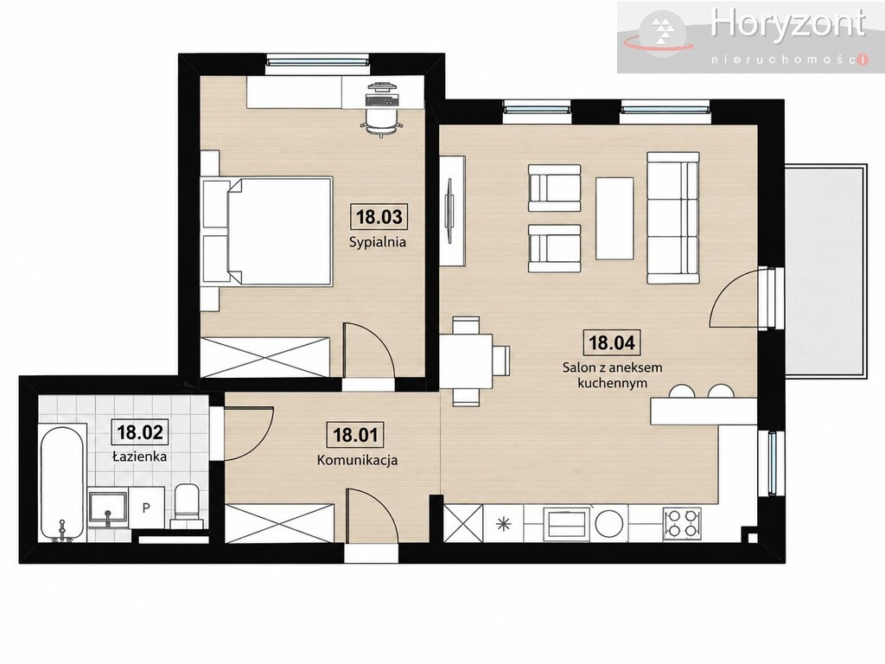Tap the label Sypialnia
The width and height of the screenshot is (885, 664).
click(378, 243)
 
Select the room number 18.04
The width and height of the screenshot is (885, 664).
click(612, 342)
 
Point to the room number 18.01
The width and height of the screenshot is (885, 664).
click(355, 435)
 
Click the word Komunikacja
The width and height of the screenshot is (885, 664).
click(357, 460)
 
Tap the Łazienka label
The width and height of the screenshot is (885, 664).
click(139, 456)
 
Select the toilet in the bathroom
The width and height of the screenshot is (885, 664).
click(187, 504)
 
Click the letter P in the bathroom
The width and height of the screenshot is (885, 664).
click(146, 508)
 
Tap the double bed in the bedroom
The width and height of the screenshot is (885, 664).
click(267, 230)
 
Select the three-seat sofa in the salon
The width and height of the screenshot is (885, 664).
click(673, 218)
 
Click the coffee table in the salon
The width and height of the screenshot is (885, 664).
click(614, 218)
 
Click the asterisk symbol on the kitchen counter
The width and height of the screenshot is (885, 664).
click(502, 524)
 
